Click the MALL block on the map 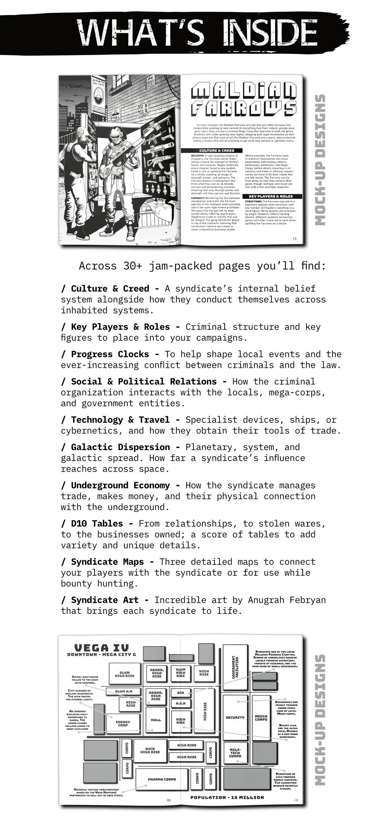156,720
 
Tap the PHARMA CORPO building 162,779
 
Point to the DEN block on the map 181,693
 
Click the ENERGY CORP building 123,723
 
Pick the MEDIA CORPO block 261,718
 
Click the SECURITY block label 235,717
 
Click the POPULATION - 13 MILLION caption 227,797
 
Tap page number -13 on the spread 294,239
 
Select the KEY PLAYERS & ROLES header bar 270,197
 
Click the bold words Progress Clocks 110,354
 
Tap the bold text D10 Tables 97,524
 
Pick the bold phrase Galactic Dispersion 120,447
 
